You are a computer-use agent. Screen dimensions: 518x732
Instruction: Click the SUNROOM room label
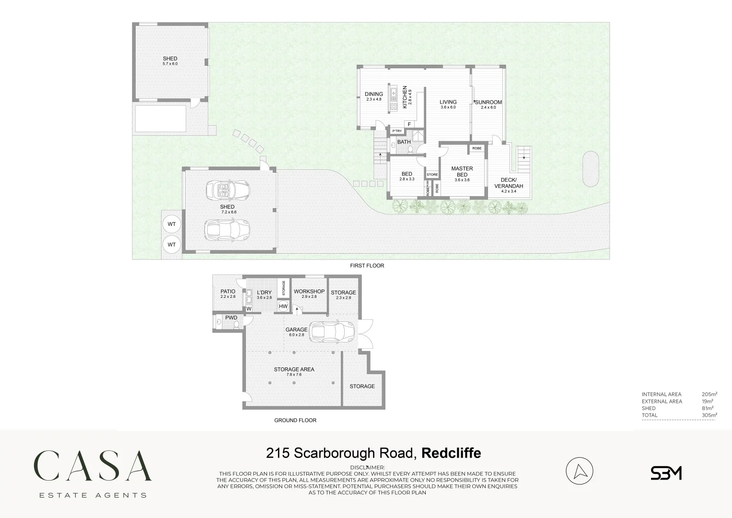pyautogui.click(x=488, y=102)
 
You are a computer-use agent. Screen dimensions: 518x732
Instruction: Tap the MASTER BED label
pyautogui.click(x=462, y=171)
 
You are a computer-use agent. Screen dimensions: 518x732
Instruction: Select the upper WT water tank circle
pyautogui.click(x=172, y=224)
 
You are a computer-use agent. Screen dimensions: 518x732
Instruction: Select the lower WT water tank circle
pyautogui.click(x=172, y=245)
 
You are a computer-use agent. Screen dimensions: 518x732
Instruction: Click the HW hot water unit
pyautogui.click(x=283, y=306)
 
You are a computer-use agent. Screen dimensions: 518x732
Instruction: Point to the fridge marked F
pyautogui.click(x=409, y=125)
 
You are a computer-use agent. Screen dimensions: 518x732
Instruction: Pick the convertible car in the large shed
pyautogui.click(x=228, y=190)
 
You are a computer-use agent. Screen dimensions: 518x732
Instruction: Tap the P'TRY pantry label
pyautogui.click(x=397, y=131)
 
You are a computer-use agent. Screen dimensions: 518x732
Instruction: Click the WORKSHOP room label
pyautogui.click(x=309, y=292)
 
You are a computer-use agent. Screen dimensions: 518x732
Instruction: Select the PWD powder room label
pyautogui.click(x=231, y=318)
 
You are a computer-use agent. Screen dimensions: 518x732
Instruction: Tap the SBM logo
pyautogui.click(x=666, y=473)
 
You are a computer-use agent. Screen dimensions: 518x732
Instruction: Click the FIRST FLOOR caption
pyautogui.click(x=367, y=265)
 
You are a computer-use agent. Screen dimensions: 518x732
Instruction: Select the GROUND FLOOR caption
pyautogui.click(x=295, y=420)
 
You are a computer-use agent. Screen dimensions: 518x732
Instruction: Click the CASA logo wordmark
pyautogui.click(x=93, y=466)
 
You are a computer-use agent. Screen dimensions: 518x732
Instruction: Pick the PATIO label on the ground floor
pyautogui.click(x=228, y=291)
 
